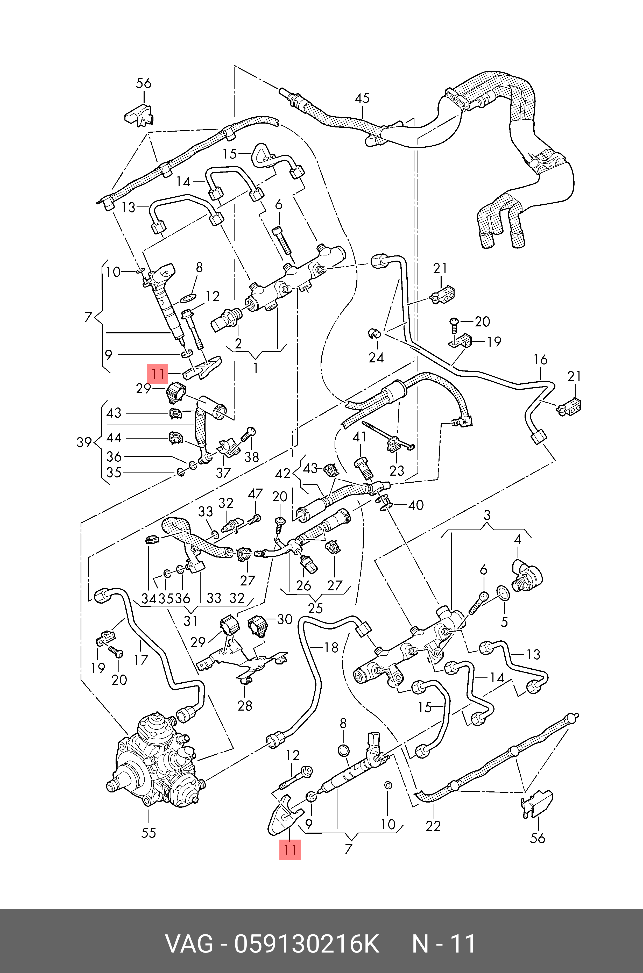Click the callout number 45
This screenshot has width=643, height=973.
[x=362, y=98]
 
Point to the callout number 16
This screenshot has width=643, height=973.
[x=540, y=360]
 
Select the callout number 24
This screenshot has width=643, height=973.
[x=376, y=358]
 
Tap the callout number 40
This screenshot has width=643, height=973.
[x=415, y=505]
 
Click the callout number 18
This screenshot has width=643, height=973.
[x=331, y=648]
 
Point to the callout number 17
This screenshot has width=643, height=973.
[x=141, y=660]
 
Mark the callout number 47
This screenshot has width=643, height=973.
[x=255, y=494]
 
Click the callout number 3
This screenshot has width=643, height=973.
[x=487, y=515]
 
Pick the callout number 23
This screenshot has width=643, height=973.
[x=397, y=470]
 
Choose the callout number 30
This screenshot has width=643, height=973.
[x=285, y=619]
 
